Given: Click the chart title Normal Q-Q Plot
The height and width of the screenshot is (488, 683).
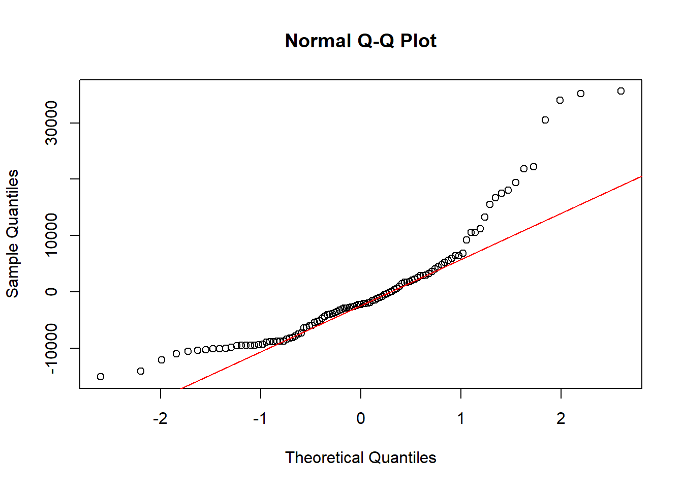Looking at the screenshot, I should pos(360,41).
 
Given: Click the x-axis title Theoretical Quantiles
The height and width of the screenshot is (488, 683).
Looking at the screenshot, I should pos(360,457).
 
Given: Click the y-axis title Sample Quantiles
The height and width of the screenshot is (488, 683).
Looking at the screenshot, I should pos(12,234).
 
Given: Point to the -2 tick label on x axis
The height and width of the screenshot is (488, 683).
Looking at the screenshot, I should pos(160,418).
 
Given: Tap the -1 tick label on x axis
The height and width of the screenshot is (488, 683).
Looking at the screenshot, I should pos(260,418).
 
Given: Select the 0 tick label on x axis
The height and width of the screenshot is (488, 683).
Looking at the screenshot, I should pos(361,418).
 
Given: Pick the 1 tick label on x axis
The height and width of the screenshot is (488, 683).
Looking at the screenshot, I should pos(461,418).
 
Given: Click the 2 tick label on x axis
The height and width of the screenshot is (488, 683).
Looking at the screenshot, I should pos(561,418).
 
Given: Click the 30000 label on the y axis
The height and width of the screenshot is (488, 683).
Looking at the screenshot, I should pos(51,123).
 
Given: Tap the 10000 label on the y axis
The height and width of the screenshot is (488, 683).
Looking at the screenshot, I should pos(51,235).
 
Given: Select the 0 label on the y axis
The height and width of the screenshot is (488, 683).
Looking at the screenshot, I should pos(51,292).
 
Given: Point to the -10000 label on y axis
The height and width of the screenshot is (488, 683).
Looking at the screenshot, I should pos(51,348).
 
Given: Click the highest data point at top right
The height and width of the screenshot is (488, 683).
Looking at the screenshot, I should pos(621,91).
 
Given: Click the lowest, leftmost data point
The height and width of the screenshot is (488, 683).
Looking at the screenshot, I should pos(101,377).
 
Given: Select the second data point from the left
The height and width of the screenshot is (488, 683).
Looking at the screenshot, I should pos(141,371).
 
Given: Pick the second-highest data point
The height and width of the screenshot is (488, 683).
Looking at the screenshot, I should pos(581,94).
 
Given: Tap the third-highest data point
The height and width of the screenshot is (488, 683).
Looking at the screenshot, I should pos(560,100).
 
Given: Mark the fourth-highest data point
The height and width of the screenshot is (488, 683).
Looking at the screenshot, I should pos(545,120).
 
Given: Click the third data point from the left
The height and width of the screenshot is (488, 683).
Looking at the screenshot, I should pos(162,360).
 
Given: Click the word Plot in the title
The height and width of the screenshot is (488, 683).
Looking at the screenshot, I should pos(418,41).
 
